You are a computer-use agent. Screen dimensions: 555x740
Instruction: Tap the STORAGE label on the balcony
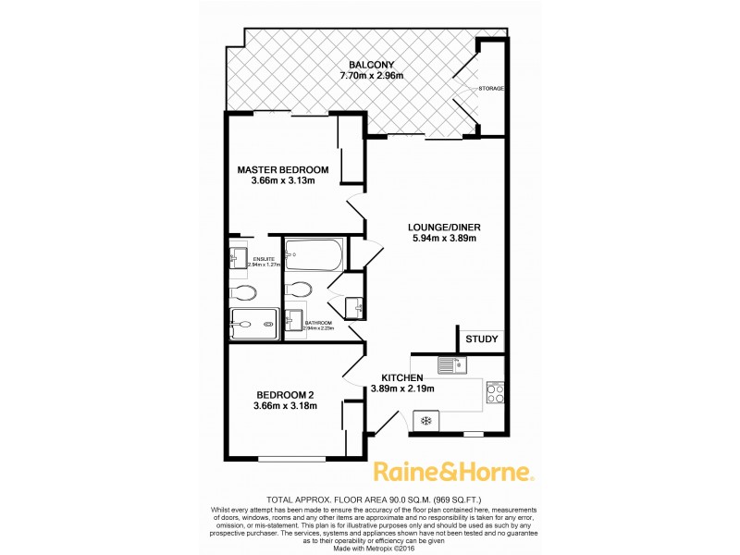pos(491,89)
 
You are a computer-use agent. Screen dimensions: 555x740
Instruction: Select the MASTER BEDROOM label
pos(283,169)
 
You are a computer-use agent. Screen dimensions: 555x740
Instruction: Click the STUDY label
pos(481,339)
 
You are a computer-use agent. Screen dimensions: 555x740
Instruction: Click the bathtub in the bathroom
pos(314,252)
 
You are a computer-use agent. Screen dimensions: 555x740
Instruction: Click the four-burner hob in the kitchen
pos(495,395)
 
